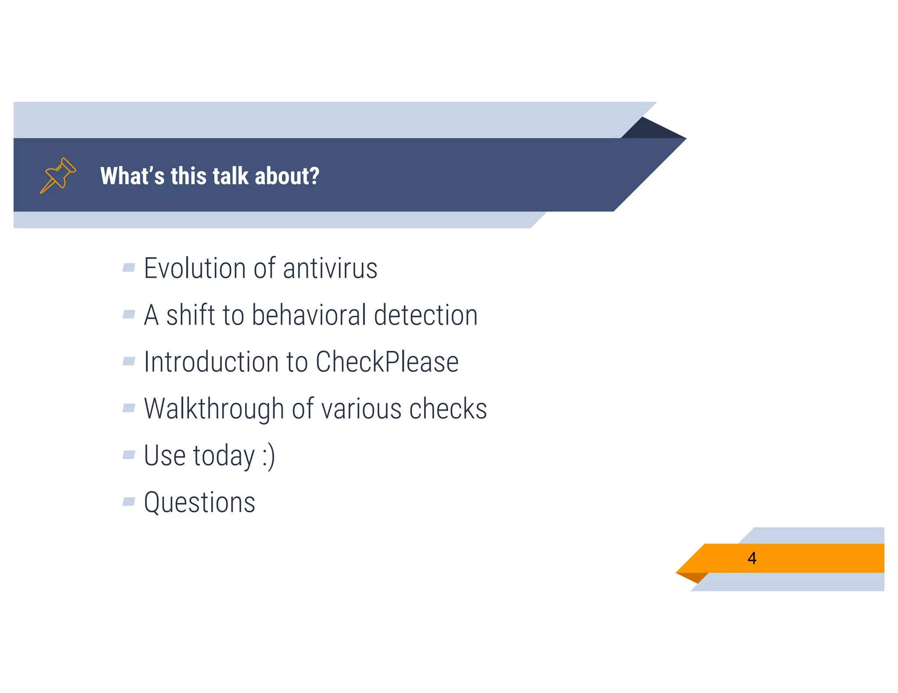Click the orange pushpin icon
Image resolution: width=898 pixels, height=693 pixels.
point(58,175)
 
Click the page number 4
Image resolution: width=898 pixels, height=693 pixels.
point(752,558)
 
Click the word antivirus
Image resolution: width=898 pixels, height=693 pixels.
point(330,268)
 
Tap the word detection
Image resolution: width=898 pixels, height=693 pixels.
point(425,315)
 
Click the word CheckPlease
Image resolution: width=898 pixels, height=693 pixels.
point(387,362)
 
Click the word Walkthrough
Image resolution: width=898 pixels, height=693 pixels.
point(214,409)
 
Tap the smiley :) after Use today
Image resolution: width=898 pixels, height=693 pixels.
point(268,456)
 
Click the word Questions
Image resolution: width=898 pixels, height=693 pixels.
point(200,502)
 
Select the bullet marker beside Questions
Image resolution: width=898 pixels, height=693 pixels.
point(128,501)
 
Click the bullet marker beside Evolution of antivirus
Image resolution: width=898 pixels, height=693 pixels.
point(128,267)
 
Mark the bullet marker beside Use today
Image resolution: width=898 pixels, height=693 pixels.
point(128,454)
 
